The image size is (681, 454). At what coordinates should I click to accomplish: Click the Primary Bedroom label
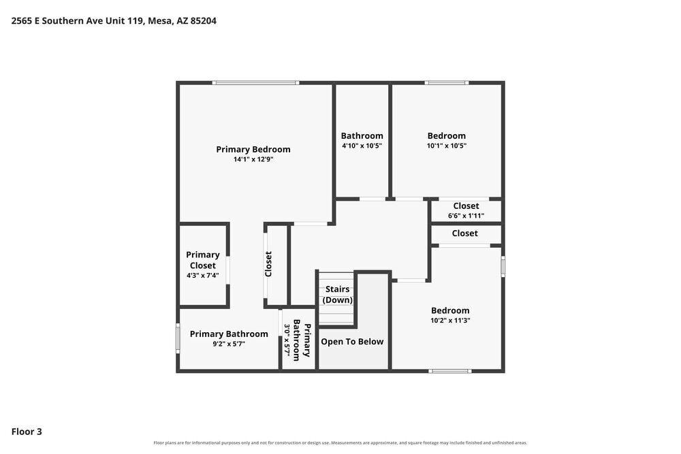(x=253, y=149)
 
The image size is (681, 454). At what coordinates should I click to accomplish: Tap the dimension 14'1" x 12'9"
(x=253, y=159)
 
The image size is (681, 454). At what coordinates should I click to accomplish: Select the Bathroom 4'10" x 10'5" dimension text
(x=362, y=146)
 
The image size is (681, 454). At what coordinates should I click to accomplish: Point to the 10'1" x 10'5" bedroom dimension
(x=447, y=146)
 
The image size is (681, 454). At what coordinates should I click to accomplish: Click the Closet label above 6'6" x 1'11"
(x=466, y=206)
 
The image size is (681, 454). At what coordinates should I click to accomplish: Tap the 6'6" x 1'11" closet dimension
(x=466, y=216)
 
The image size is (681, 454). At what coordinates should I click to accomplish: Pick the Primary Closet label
(x=203, y=260)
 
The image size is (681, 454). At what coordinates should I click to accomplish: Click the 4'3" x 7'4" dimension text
(x=203, y=275)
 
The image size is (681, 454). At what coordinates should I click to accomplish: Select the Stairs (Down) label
(x=338, y=294)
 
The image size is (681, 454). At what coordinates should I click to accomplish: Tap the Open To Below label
(x=352, y=342)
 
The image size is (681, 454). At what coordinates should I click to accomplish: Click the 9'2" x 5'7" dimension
(x=229, y=344)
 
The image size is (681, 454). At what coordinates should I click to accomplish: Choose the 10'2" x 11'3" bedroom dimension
(x=450, y=321)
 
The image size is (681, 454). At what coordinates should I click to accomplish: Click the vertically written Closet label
(x=268, y=264)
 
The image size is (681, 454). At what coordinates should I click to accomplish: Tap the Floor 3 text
(x=27, y=432)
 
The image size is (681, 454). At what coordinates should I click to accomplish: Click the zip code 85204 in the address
(x=203, y=21)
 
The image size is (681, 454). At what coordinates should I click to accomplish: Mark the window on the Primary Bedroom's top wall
(x=256, y=82)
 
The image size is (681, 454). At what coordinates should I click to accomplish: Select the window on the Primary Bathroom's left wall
(x=178, y=338)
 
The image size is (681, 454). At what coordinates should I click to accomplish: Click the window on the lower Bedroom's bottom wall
(x=450, y=371)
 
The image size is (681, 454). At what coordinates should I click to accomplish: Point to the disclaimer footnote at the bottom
(x=340, y=442)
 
